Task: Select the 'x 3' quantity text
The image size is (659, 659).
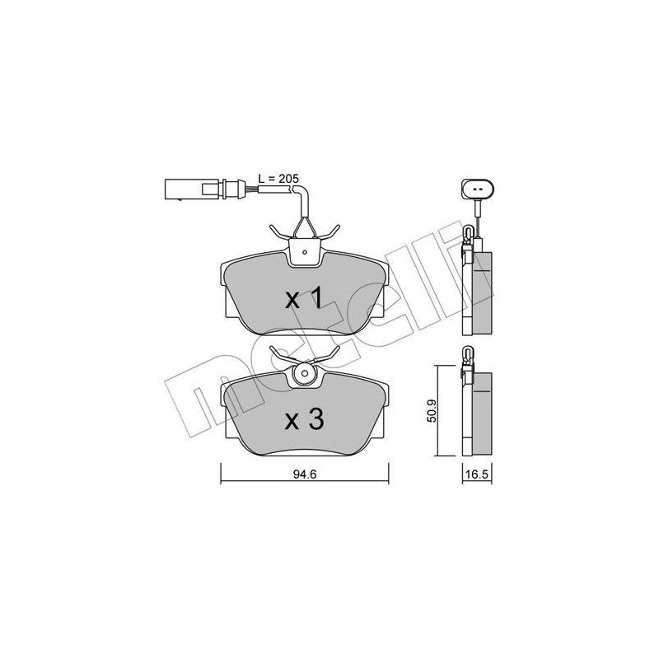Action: (303, 420)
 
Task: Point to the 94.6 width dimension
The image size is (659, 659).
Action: (305, 474)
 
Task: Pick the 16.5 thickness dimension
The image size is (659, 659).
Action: (474, 474)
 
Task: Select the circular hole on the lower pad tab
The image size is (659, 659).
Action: (305, 375)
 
